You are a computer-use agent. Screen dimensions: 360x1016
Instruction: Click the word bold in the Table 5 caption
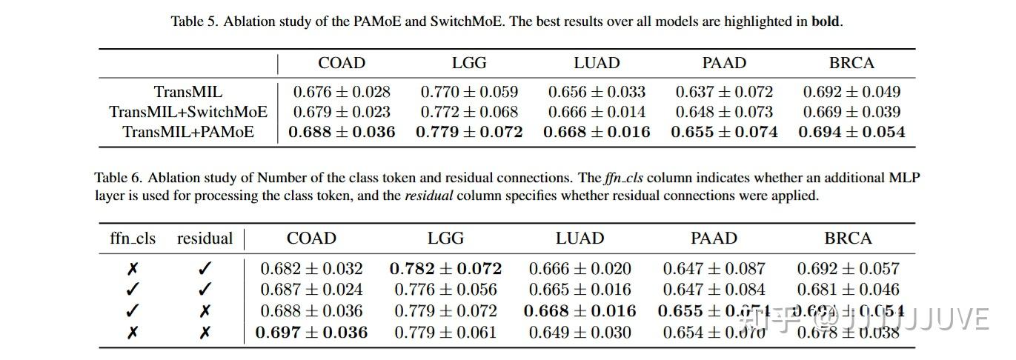tap(826, 21)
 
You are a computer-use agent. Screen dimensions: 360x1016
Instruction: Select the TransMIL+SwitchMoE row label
tap(188, 113)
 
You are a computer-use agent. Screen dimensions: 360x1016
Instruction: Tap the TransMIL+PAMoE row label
tap(188, 133)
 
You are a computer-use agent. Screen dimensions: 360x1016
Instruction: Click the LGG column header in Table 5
tap(469, 63)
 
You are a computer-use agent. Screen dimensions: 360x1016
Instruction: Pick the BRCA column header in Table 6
tap(848, 239)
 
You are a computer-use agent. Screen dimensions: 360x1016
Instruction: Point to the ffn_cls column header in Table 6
tap(133, 239)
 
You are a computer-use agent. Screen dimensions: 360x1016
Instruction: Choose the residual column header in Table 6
tap(205, 239)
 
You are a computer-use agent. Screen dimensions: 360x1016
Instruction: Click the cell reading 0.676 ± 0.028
tap(342, 93)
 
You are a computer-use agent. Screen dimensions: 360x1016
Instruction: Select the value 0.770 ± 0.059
tap(469, 93)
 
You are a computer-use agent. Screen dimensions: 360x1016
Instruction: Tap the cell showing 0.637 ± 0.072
tap(724, 93)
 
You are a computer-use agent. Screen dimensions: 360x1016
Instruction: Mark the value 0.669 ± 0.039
tap(851, 113)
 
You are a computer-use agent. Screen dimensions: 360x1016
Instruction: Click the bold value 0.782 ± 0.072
tap(445, 268)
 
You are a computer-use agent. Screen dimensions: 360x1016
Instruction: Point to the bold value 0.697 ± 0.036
tap(311, 333)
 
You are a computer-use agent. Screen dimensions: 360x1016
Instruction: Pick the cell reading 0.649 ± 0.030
tap(580, 333)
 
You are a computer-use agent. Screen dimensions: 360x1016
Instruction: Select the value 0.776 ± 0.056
tap(445, 290)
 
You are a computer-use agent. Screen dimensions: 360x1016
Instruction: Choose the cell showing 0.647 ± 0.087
tap(714, 268)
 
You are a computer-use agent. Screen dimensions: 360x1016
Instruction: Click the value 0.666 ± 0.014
tap(597, 113)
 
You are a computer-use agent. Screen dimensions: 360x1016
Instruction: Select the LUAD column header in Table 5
tap(597, 63)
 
